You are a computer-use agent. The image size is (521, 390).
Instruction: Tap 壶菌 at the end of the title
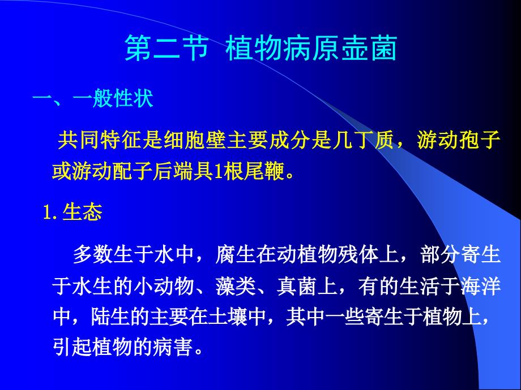(369, 49)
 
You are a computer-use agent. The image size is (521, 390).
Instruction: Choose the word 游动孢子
(459, 140)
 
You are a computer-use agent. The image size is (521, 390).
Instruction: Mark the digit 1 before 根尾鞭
(218, 172)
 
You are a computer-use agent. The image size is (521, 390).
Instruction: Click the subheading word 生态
(82, 213)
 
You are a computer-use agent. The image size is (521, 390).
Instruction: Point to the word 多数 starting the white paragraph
(93, 255)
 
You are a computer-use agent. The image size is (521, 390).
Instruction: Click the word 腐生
(236, 255)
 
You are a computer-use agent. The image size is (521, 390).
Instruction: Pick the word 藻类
(236, 286)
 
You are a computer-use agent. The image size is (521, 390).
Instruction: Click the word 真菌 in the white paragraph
(297, 286)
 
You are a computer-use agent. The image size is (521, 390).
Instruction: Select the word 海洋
(480, 286)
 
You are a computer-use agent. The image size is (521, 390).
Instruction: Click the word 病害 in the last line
(173, 347)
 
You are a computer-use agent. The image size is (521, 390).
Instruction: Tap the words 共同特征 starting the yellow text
(99, 140)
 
